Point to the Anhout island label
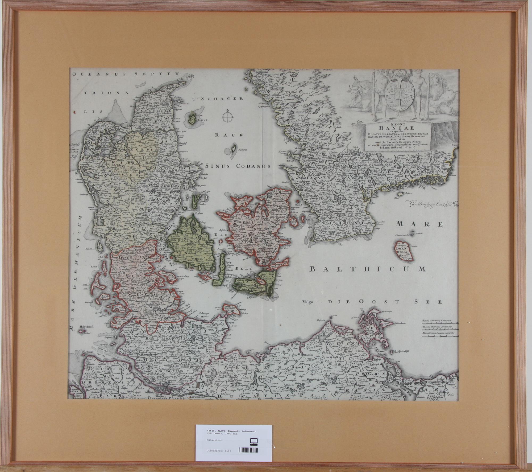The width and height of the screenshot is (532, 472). coord(242,150)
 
